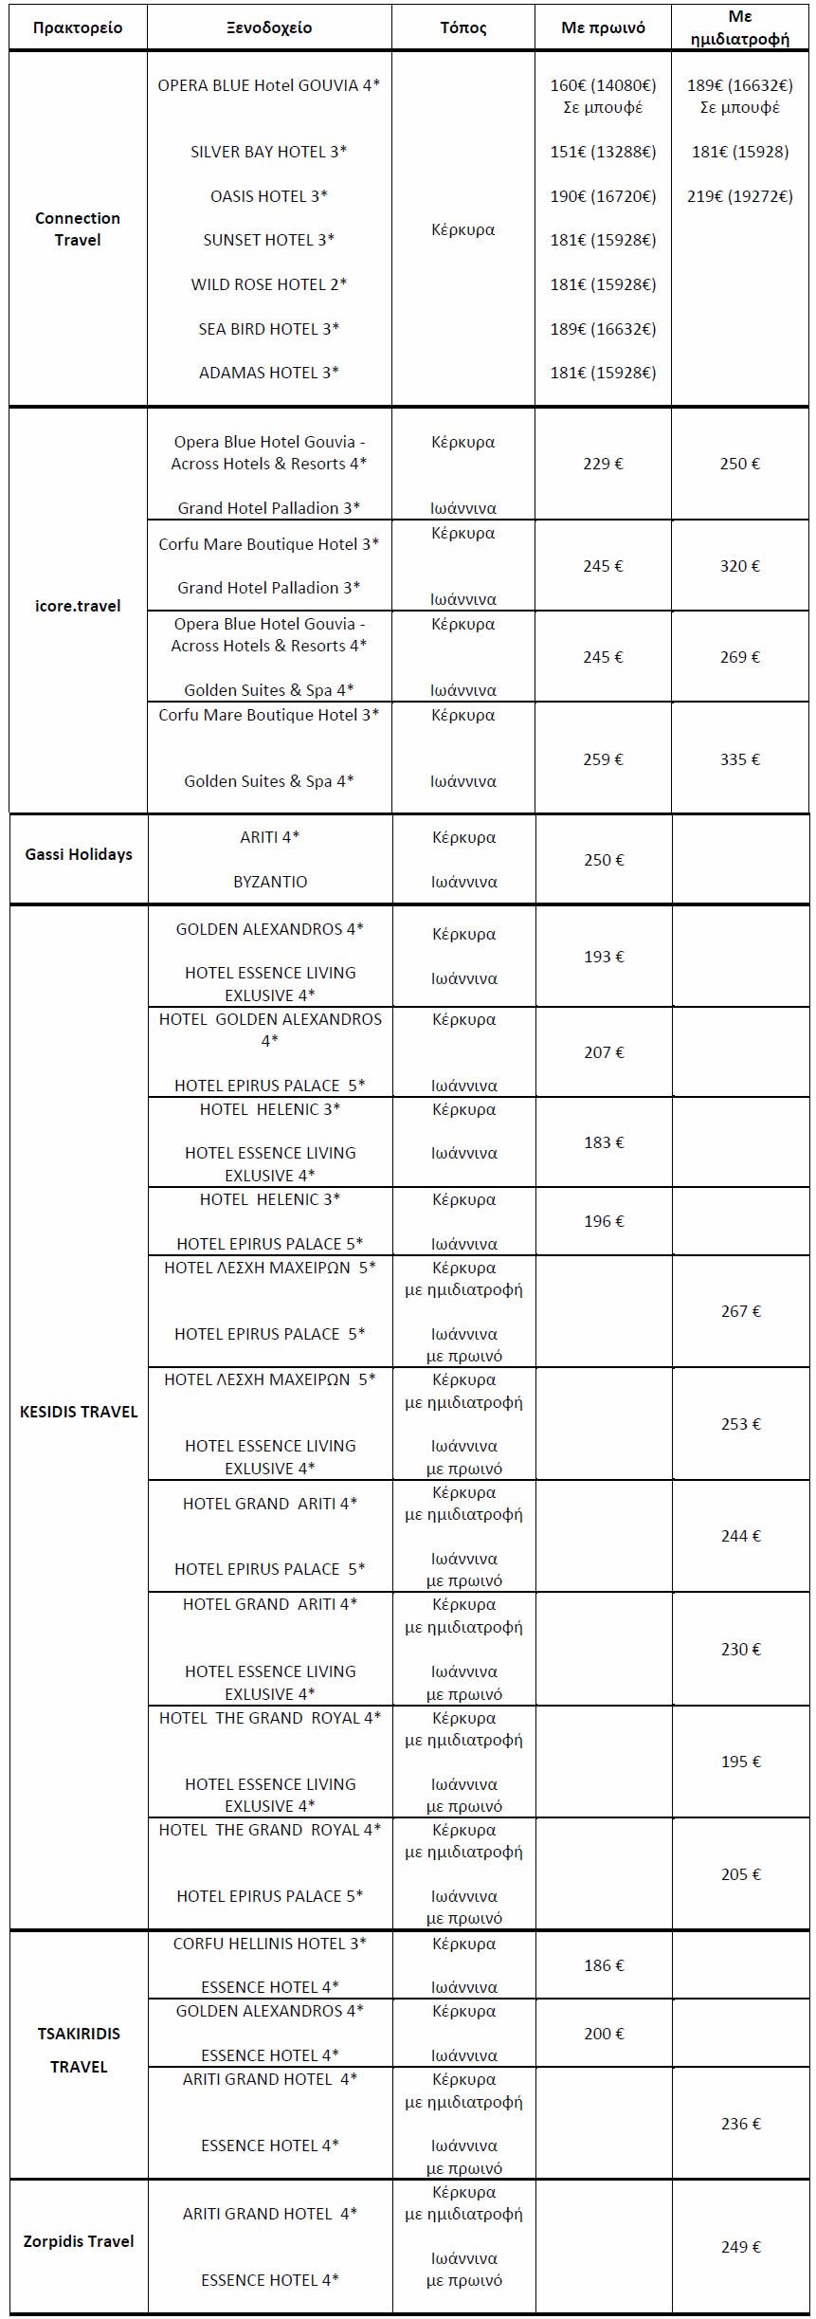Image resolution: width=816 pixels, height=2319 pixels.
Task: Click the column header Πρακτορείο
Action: pyautogui.click(x=78, y=27)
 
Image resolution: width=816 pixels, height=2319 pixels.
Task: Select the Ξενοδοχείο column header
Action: pyautogui.click(x=269, y=27)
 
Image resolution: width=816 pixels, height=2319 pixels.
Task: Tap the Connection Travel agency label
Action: pyautogui.click(x=78, y=228)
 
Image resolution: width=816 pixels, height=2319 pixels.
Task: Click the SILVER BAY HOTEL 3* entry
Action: pyautogui.click(x=269, y=152)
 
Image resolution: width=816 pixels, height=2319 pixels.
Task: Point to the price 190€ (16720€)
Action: pyautogui.click(x=603, y=196)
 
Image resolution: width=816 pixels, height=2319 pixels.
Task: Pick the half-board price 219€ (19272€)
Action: pyautogui.click(x=740, y=196)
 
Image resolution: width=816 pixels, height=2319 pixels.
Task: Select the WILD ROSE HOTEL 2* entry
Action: pyautogui.click(x=269, y=284)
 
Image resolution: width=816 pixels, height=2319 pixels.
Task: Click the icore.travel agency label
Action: pyautogui.click(x=78, y=606)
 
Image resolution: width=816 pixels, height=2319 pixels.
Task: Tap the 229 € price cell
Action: pyautogui.click(x=603, y=464)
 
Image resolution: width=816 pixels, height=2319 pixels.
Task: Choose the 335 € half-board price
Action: pyautogui.click(x=740, y=759)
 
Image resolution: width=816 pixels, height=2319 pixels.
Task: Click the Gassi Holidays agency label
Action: pyautogui.click(x=79, y=854)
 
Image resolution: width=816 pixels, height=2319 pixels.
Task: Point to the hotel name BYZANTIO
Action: pyautogui.click(x=270, y=882)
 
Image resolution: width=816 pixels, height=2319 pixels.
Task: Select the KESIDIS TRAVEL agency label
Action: pyautogui.click(x=79, y=1412)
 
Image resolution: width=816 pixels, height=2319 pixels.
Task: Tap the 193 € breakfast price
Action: pyautogui.click(x=604, y=957)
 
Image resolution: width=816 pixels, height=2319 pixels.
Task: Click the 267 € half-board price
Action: pyautogui.click(x=740, y=1311)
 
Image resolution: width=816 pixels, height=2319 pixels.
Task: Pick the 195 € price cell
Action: pyautogui.click(x=740, y=1762)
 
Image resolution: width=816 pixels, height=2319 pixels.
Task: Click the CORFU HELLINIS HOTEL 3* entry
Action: pyautogui.click(x=270, y=1944)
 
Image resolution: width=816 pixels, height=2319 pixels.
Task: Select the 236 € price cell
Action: pyautogui.click(x=740, y=2124)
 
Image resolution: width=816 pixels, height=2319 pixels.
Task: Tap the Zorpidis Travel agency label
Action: pyautogui.click(x=79, y=2241)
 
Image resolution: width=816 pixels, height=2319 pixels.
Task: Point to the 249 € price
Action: pyautogui.click(x=740, y=2247)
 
